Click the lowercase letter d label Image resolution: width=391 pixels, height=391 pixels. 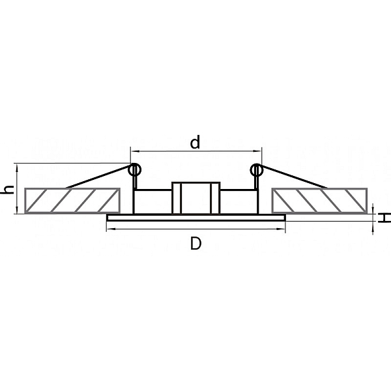tap(195, 142)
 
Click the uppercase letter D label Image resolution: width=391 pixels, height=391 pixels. tap(195, 243)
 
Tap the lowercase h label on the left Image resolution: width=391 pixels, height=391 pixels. tap(8, 190)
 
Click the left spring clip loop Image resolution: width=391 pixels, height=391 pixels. tap(135, 170)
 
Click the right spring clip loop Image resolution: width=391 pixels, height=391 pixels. tap(257, 170)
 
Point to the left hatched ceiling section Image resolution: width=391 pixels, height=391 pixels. tap(72, 201)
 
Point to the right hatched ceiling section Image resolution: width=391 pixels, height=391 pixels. tap(319, 201)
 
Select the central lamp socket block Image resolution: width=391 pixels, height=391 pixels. tap(195, 198)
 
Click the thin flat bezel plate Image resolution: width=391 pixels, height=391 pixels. tap(195, 218)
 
